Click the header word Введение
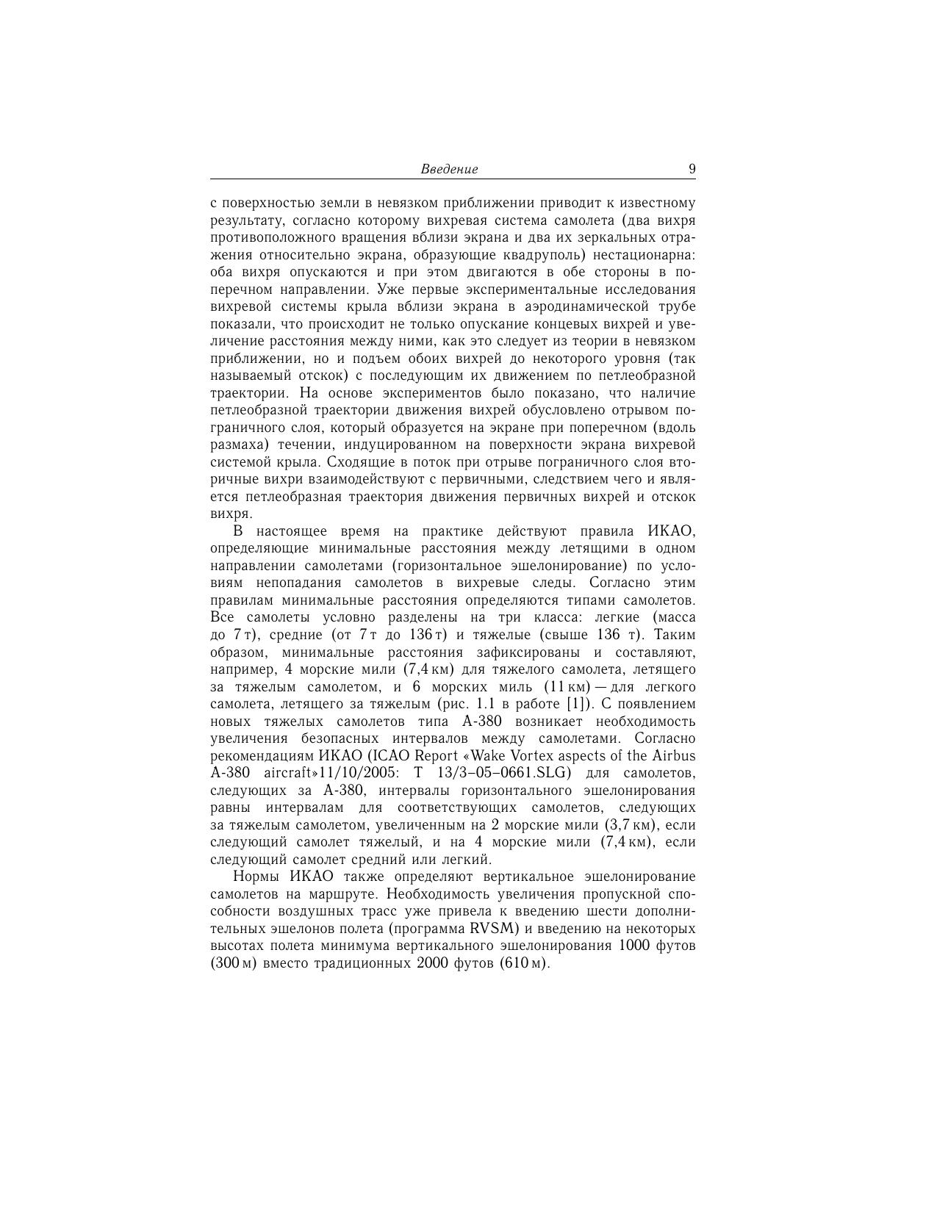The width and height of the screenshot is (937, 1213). pyautogui.click(x=449, y=169)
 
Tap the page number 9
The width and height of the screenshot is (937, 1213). pyautogui.click(x=692, y=169)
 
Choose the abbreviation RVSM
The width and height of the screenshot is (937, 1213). pyautogui.click(x=495, y=928)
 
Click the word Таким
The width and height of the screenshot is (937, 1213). pyautogui.click(x=675, y=635)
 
